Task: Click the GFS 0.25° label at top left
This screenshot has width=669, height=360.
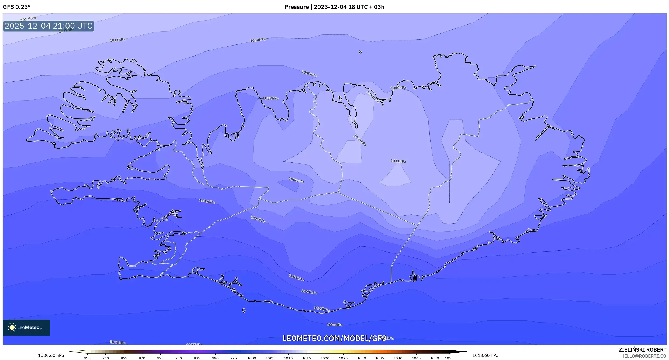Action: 16,7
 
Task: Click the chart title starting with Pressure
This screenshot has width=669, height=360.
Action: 334,7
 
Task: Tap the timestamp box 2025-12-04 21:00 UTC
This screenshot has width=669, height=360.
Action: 48,26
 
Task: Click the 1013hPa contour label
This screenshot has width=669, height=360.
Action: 28,19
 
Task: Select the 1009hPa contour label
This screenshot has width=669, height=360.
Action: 309,74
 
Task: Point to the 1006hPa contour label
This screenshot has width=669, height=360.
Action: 207,201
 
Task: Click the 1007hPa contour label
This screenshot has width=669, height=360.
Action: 258,219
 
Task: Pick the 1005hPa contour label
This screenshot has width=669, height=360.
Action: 296,278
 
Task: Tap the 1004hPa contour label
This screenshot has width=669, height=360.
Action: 309,292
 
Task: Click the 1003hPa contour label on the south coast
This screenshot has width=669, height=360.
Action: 322,309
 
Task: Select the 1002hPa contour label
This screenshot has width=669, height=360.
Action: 334,325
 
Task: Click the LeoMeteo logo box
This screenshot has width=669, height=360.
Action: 26,327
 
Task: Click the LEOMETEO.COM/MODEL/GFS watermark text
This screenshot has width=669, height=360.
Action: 334,338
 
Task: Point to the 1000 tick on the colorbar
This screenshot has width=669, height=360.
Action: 252,358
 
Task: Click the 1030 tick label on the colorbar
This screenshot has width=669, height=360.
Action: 361,358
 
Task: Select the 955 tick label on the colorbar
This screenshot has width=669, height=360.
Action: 87,358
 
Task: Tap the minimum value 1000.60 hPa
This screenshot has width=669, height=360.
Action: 51,355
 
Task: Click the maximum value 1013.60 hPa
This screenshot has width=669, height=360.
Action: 485,355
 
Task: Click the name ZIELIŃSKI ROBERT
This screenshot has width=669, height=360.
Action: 642,350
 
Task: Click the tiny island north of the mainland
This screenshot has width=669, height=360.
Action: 360,52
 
